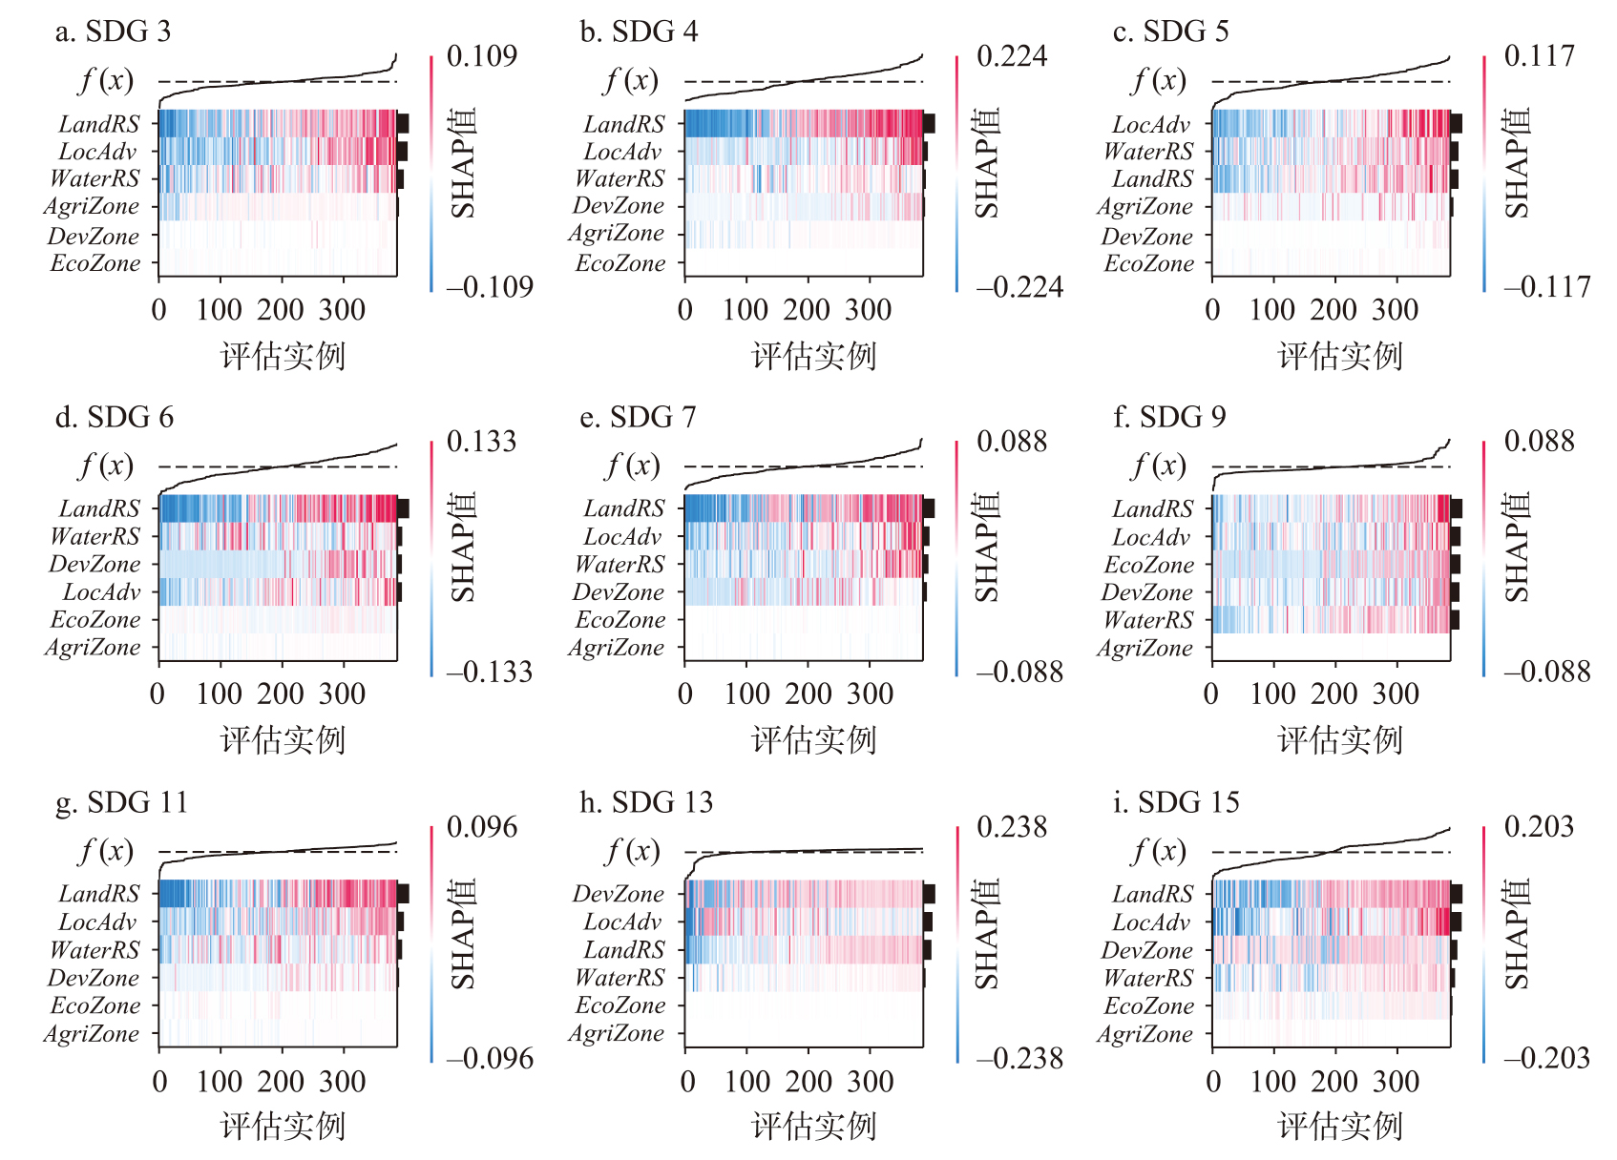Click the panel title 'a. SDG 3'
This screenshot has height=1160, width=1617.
(x=113, y=31)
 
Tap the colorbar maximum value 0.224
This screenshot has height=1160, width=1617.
(x=1011, y=56)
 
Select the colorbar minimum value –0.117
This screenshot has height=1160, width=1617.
(x=1546, y=286)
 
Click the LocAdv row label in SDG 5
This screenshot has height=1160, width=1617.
(x=1151, y=124)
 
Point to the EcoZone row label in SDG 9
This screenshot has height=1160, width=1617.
(x=1148, y=565)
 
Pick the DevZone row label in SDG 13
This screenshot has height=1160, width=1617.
(x=618, y=894)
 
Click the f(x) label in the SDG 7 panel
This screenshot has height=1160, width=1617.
(x=632, y=466)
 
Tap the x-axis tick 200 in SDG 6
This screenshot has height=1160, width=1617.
(x=281, y=694)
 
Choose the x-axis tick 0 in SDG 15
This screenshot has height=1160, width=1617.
(x=1213, y=1082)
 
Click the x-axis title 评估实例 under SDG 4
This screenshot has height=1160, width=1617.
(x=813, y=357)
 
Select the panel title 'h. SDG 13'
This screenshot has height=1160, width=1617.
(x=646, y=802)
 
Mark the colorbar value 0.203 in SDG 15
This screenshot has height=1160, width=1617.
(x=1539, y=826)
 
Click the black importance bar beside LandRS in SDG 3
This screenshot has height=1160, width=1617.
(x=403, y=123)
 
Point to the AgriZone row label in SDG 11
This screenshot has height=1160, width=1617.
(x=92, y=1033)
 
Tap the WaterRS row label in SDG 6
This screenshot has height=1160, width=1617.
(x=94, y=536)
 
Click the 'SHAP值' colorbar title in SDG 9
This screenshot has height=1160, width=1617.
(x=1517, y=548)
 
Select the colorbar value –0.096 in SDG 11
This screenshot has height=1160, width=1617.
(x=490, y=1058)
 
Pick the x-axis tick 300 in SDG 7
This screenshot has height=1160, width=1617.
(x=870, y=694)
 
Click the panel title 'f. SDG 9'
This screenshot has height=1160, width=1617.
(x=1169, y=417)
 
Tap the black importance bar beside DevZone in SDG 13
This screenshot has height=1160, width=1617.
(x=929, y=894)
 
